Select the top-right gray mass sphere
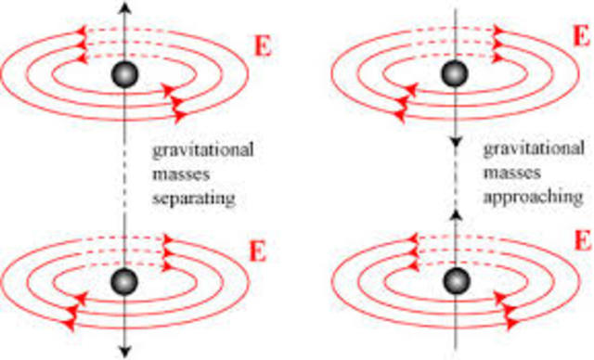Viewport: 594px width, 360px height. coord(453,75)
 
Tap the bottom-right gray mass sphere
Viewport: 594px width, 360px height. coord(453,279)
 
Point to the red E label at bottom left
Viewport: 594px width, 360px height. coord(264,251)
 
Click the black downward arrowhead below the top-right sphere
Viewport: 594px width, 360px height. coord(453,145)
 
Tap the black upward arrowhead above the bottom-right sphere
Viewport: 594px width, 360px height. coord(453,214)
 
